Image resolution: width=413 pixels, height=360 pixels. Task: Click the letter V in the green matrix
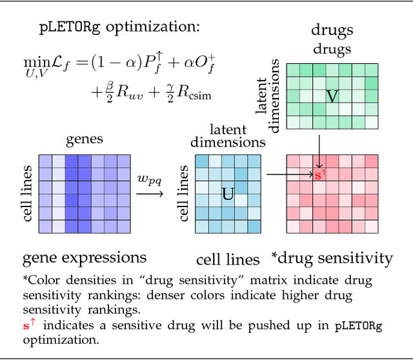click(332, 97)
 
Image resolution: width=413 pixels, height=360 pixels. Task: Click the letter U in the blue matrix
click(228, 194)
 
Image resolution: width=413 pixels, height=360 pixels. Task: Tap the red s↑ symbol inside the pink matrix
click(321, 174)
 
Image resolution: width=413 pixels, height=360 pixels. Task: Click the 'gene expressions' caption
click(85, 258)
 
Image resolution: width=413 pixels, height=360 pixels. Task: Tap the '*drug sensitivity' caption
click(332, 258)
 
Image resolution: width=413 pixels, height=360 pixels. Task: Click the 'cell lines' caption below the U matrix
click(228, 260)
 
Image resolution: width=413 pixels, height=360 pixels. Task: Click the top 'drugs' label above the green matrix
click(332, 30)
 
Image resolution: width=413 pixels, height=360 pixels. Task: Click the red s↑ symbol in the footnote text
click(29, 326)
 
